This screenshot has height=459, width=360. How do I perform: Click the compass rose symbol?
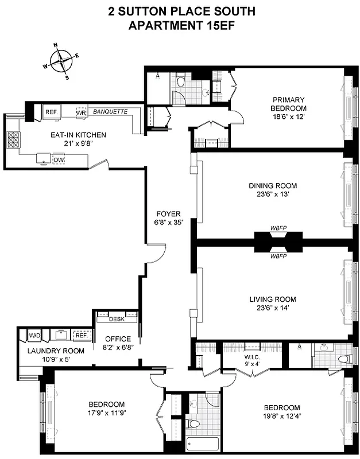(60, 60)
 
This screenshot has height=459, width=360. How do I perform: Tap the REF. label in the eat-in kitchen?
(51, 112)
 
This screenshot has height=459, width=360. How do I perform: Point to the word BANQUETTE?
(110, 111)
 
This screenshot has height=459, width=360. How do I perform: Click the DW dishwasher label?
(59, 159)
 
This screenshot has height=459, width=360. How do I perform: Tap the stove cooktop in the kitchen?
(13, 139)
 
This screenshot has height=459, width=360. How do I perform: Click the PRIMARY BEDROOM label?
(289, 104)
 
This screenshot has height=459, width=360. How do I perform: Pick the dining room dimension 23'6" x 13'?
(273, 195)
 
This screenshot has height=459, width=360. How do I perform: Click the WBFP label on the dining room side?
(278, 228)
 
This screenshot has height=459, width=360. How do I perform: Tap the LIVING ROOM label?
(273, 299)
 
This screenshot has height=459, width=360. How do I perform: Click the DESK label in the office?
(117, 320)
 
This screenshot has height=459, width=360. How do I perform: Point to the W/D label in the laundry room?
(34, 334)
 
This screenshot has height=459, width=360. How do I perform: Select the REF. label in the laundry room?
(82, 336)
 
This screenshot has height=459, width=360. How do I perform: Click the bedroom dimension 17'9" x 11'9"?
(107, 413)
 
